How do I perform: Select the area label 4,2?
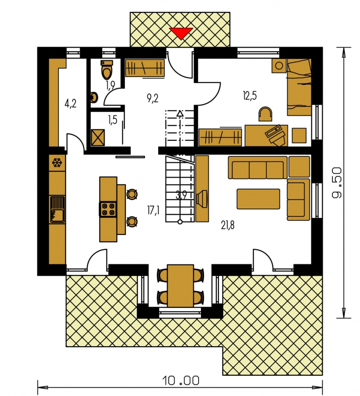[x=71, y=103]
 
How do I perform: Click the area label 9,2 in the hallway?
[x=153, y=98]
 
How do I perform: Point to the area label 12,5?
[x=250, y=96]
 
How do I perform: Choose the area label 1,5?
[x=113, y=119]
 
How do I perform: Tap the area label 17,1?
[x=153, y=210]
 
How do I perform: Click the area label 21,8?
[x=228, y=225]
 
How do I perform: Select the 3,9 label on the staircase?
[x=181, y=195]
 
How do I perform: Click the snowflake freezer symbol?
[x=57, y=162]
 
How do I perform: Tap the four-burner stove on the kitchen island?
[x=108, y=209]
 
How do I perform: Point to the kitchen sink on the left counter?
[x=57, y=209]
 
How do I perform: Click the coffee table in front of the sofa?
[x=258, y=199]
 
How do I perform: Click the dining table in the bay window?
[x=180, y=286]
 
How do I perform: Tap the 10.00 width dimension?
[x=181, y=380]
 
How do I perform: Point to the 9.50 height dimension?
[x=337, y=182]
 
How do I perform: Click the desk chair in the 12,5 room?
[x=265, y=114]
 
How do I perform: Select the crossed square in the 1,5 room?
[x=98, y=137]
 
